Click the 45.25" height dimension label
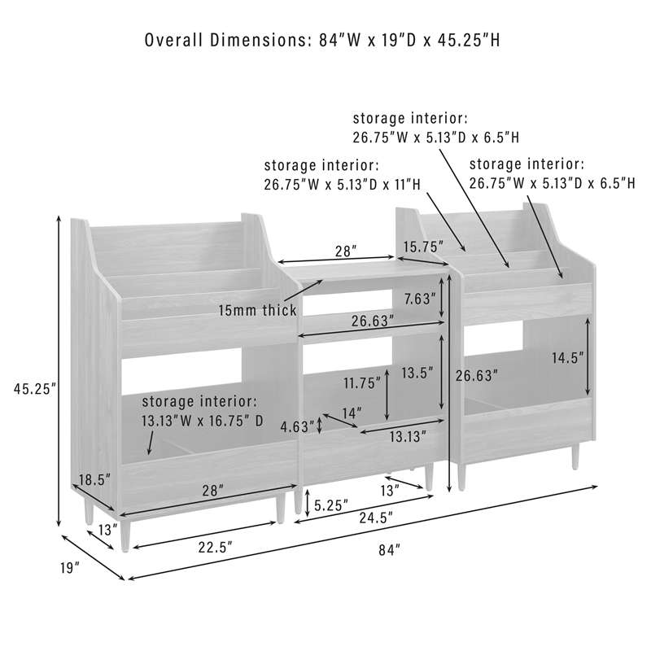[x=35, y=389]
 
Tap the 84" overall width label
[x=390, y=550]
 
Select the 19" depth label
[x=69, y=567]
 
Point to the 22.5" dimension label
[x=215, y=547]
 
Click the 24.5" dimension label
[x=376, y=518]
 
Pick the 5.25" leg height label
[x=331, y=505]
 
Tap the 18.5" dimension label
[x=94, y=479]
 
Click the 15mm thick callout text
[x=258, y=310]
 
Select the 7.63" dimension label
[x=420, y=298]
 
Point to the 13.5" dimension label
[x=417, y=373]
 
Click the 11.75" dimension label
[x=362, y=382]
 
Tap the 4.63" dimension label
[x=297, y=426]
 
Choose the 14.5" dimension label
[x=567, y=357]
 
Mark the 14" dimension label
[x=352, y=413]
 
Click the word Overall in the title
[x=174, y=40]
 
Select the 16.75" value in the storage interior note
[x=214, y=421]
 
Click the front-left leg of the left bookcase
[x=125, y=535]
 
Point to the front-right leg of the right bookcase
[x=575, y=456]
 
